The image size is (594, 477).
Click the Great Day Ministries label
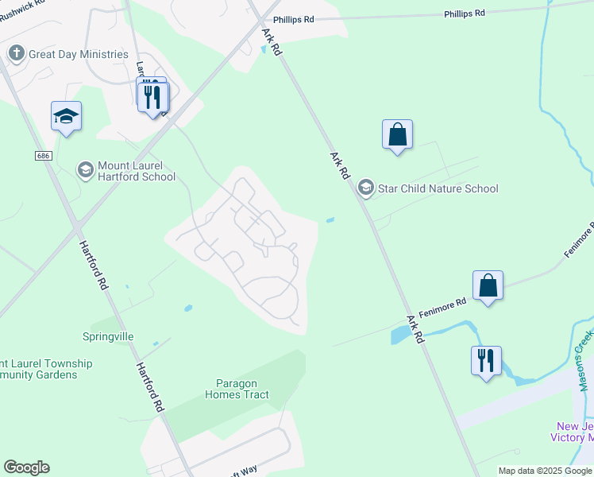click(78, 54)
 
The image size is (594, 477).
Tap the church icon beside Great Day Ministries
click(16, 53)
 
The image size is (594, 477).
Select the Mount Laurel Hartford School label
click(136, 171)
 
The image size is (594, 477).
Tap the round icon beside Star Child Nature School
click(365, 188)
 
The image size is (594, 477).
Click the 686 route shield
click(44, 156)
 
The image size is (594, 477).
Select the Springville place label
click(108, 336)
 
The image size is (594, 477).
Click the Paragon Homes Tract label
click(237, 389)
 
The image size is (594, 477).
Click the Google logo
click(26, 467)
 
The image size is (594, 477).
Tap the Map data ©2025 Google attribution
click(545, 471)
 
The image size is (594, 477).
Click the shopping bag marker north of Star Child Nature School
click(397, 134)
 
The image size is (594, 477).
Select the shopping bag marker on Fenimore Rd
click(488, 285)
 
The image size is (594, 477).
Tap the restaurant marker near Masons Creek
click(486, 360)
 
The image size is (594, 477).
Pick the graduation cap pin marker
click(66, 117)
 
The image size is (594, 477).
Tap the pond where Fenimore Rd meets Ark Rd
click(399, 335)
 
